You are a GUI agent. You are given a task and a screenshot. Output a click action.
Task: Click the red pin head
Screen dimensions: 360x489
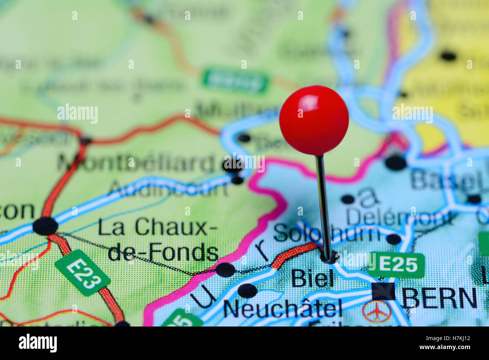pyautogui.click(x=314, y=120)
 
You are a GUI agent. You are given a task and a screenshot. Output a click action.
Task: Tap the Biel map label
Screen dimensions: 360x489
pyautogui.click(x=312, y=279)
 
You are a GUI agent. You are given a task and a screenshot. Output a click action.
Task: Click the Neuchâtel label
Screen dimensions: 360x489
pyautogui.click(x=282, y=309)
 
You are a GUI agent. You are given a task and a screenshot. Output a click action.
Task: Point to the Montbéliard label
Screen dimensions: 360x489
pyautogui.click(x=136, y=163)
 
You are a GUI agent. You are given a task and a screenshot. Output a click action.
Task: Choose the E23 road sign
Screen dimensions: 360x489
pyautogui.click(x=83, y=273)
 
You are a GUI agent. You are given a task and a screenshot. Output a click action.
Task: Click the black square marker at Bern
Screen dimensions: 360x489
pyautogui.click(x=383, y=291)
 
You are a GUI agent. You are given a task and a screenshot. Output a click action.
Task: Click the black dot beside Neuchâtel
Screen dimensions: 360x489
pyautogui.click(x=248, y=291)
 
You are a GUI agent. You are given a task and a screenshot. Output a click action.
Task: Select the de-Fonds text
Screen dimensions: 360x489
pyautogui.click(x=163, y=252)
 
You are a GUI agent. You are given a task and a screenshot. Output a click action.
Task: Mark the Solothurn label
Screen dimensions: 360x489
pyautogui.click(x=326, y=234)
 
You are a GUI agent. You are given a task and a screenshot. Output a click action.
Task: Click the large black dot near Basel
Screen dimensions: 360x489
pyautogui.click(x=396, y=163)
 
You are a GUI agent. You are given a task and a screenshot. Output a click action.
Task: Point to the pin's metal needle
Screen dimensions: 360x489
pyautogui.click(x=323, y=203)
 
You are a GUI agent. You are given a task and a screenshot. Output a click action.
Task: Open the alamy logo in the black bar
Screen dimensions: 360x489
pyautogui.click(x=38, y=343)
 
